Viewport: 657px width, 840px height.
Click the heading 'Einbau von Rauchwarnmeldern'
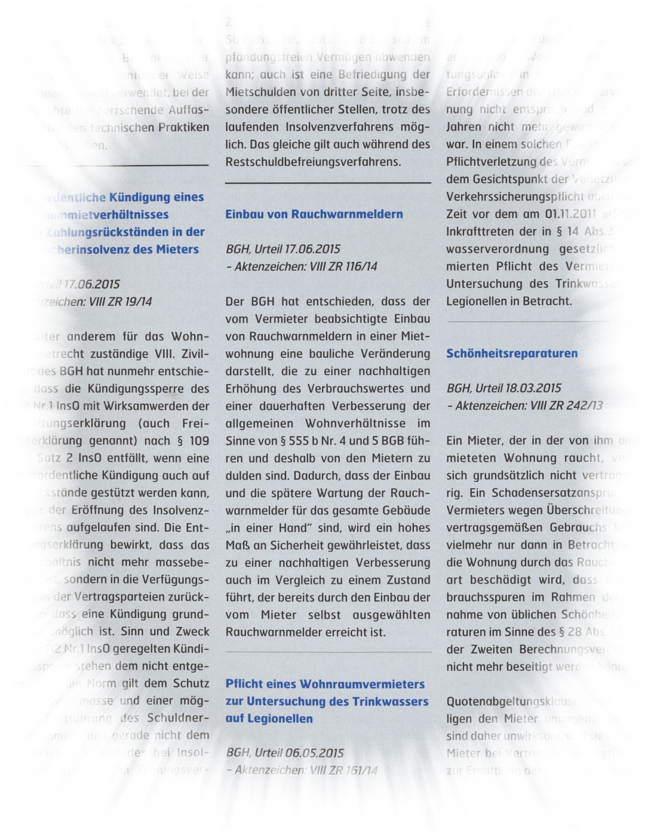[x=314, y=214]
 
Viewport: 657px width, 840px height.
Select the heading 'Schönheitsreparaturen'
[x=512, y=353]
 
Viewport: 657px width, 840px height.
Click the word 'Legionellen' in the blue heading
[x=269, y=719]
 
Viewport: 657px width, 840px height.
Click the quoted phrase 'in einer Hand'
[x=263, y=528]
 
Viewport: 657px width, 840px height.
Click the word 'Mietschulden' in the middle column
[x=263, y=92]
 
